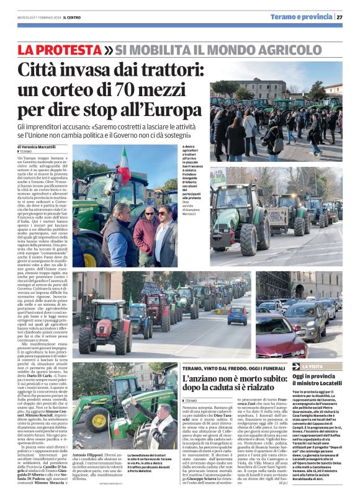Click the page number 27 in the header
pyautogui.click(x=339, y=17)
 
